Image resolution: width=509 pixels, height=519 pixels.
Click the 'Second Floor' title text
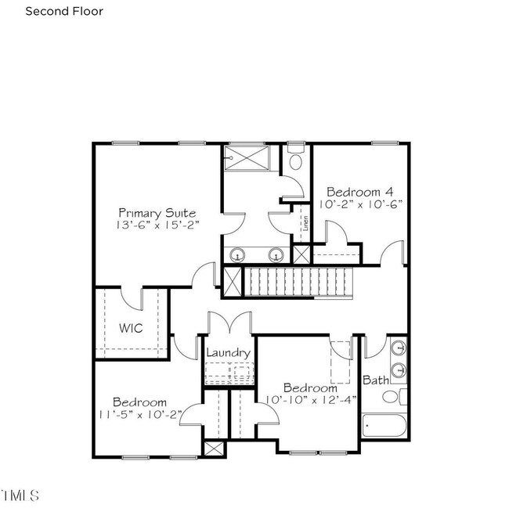click(64, 11)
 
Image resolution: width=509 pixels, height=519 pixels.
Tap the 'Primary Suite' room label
click(157, 214)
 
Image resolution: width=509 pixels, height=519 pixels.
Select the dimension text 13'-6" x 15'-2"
click(157, 225)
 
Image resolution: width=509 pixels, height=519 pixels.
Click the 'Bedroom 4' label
click(360, 192)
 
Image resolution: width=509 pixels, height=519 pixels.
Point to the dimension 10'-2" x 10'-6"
click(361, 204)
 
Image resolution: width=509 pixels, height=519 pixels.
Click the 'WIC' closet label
click(131, 328)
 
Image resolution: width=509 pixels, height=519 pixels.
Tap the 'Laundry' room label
click(228, 353)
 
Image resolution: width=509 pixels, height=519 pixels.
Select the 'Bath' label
click(376, 380)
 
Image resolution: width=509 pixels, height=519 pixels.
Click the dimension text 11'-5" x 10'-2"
click(140, 415)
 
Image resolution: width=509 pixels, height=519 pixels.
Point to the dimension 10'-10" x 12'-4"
click(311, 400)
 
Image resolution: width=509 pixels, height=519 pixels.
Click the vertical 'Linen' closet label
click(305, 223)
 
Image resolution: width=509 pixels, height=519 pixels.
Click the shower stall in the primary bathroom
click(247, 158)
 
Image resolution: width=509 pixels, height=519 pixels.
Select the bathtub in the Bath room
click(384, 426)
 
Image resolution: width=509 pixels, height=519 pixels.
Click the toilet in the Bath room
click(394, 397)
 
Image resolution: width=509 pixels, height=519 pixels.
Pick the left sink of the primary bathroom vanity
click(237, 255)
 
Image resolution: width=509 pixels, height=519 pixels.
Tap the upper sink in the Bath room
click(399, 348)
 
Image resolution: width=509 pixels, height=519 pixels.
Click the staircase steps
click(298, 282)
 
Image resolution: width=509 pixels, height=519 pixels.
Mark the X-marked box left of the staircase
click(233, 282)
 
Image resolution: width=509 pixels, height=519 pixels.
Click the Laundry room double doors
click(229, 323)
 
